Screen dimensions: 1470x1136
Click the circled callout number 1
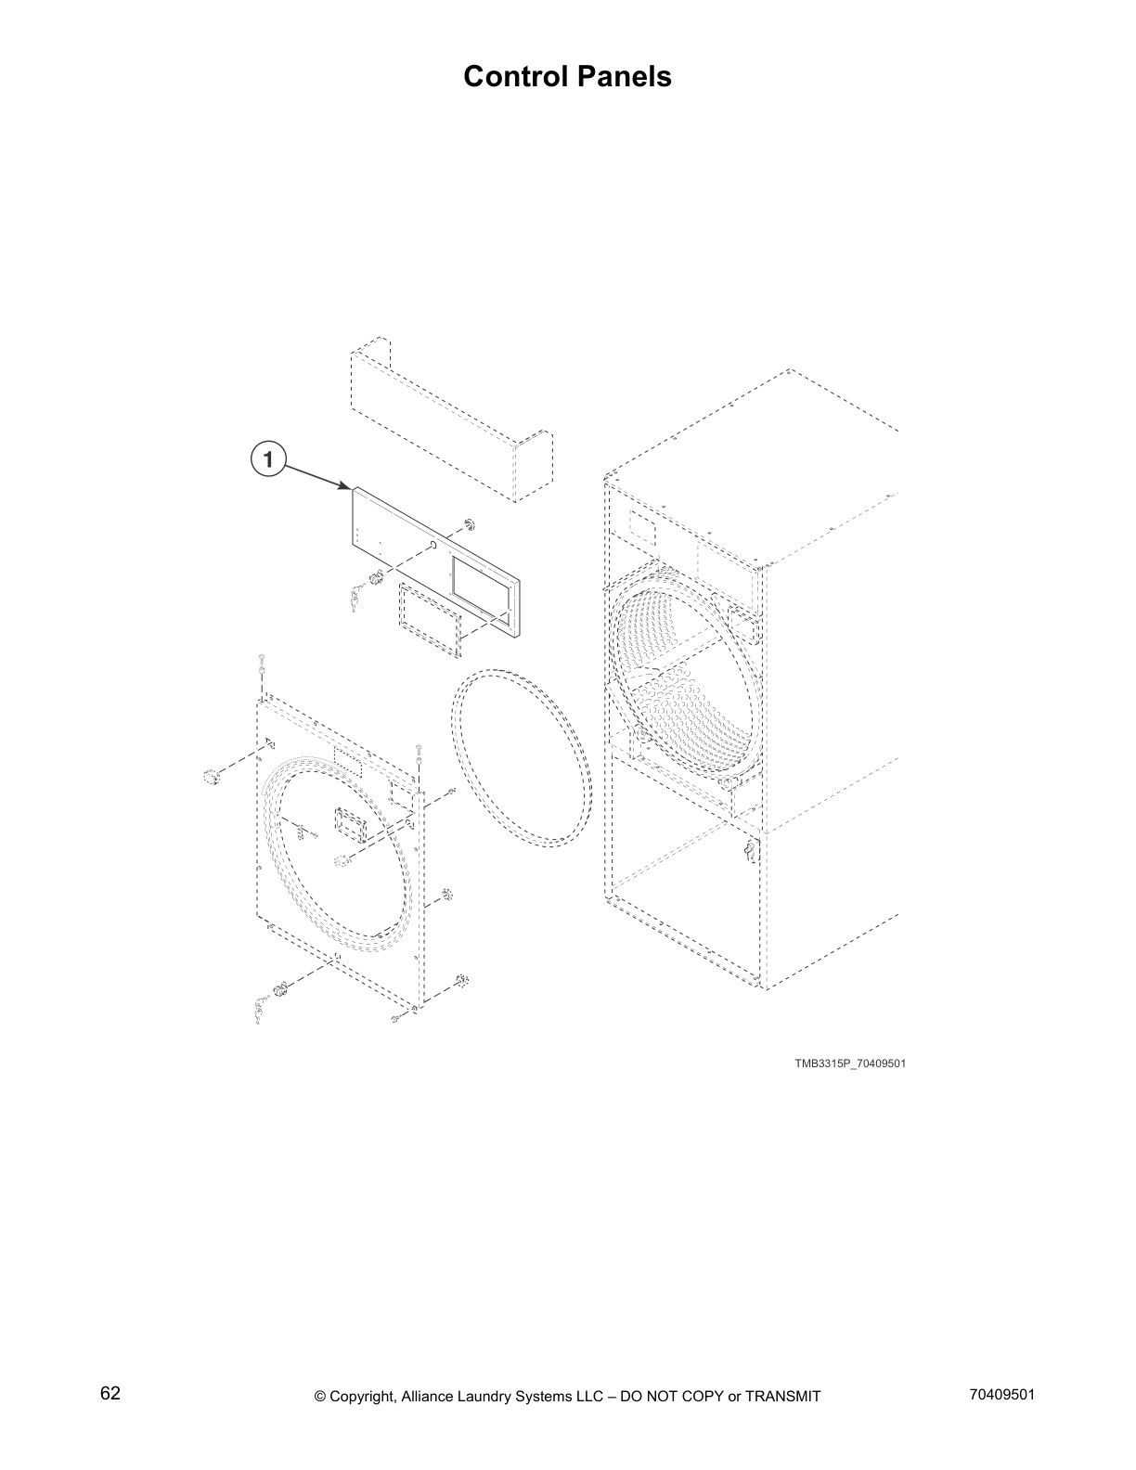point(267,459)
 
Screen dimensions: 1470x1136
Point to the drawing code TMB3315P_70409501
point(849,1064)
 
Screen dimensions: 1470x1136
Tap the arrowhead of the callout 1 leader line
point(349,486)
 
